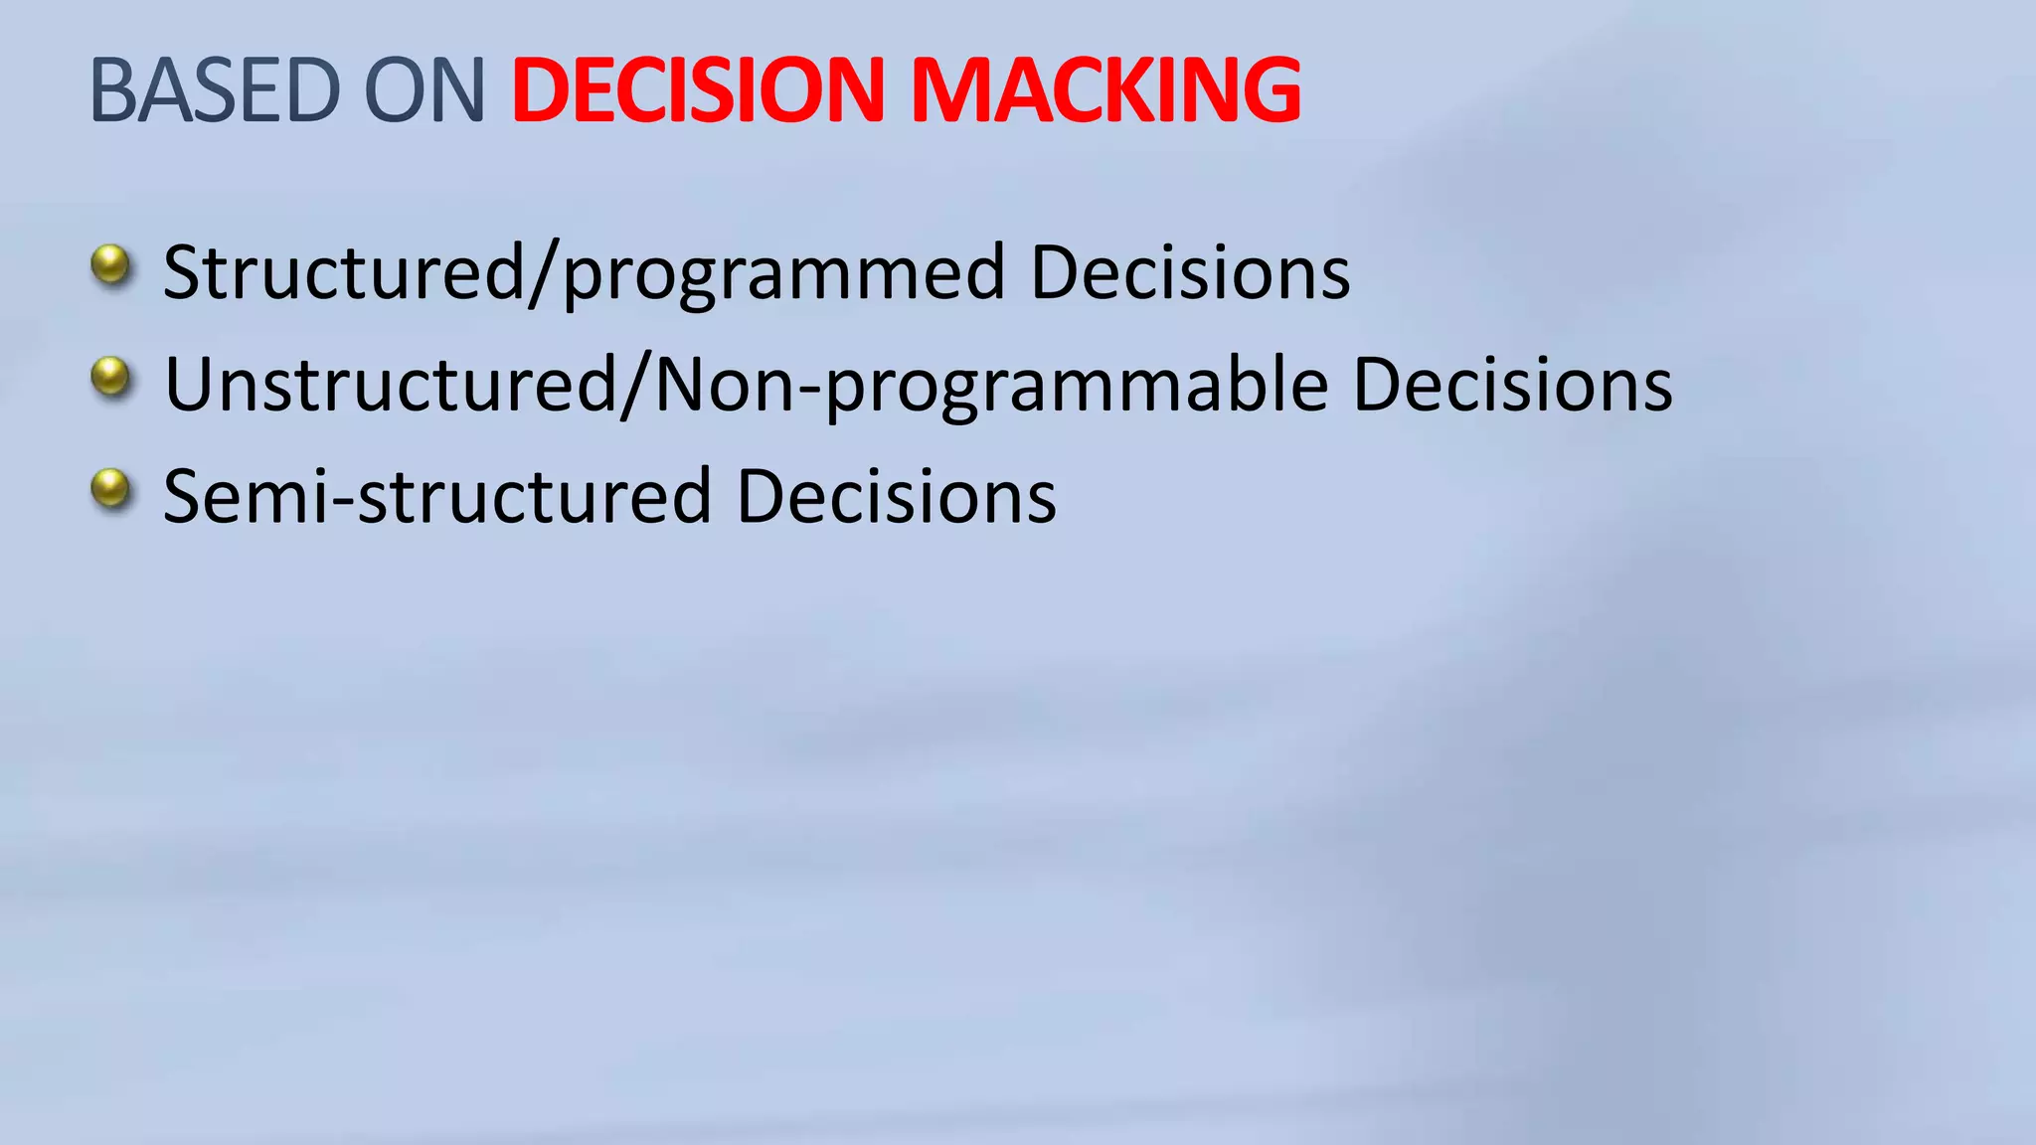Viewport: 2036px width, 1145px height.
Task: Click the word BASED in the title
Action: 215,90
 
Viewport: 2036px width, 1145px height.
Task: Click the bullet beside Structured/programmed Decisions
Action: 110,265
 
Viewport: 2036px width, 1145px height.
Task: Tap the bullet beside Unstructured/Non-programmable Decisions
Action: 110,378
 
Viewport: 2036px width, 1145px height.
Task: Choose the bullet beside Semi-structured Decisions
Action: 110,489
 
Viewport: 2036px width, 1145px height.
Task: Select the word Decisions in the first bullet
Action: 1190,272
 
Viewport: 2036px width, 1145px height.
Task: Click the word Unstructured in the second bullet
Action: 391,385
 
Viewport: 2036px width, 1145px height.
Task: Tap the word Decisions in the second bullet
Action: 1512,385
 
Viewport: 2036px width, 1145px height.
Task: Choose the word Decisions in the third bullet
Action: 896,496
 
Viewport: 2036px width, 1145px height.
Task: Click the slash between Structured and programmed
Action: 543,274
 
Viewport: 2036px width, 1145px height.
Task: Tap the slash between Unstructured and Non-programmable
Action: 636,386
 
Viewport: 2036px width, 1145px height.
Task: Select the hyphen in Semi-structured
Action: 344,501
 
